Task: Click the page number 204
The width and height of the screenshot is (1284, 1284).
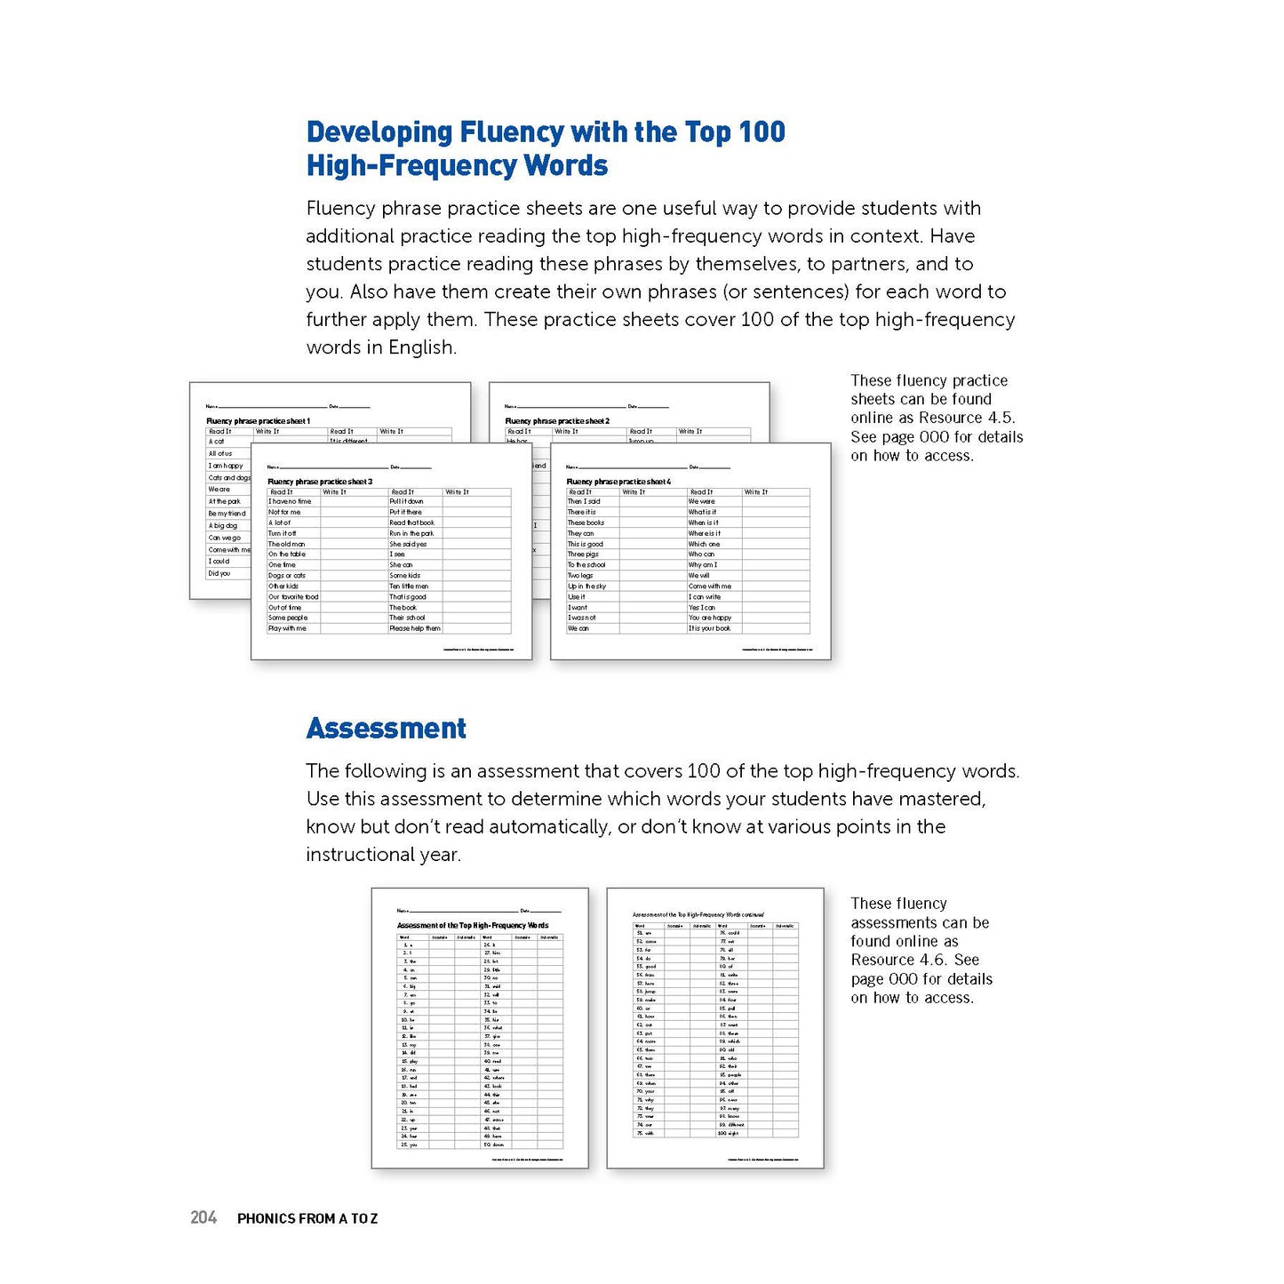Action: [x=203, y=1217]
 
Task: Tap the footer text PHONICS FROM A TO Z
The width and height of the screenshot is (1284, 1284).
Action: [x=307, y=1218]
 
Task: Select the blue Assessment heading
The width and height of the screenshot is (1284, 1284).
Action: [x=386, y=729]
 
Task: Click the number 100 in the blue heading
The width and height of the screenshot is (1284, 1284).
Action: [x=762, y=132]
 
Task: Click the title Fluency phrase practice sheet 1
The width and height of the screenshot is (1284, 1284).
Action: [x=259, y=421]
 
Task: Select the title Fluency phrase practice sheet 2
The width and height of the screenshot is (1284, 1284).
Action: [x=557, y=421]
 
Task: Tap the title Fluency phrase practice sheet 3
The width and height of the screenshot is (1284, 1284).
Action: [x=320, y=482]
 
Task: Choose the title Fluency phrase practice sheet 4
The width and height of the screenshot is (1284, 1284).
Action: [x=619, y=482]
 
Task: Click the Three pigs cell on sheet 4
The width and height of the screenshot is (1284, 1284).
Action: [x=584, y=554]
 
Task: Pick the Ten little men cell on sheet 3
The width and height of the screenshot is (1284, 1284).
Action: [x=409, y=586]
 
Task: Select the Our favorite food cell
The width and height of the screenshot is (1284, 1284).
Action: [x=293, y=597]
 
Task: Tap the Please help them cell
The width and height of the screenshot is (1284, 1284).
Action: [x=415, y=628]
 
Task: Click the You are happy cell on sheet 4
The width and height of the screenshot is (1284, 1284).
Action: [x=710, y=618]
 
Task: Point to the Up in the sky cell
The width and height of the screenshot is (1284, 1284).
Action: [x=587, y=586]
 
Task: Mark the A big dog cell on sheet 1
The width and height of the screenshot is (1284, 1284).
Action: [x=223, y=526]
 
